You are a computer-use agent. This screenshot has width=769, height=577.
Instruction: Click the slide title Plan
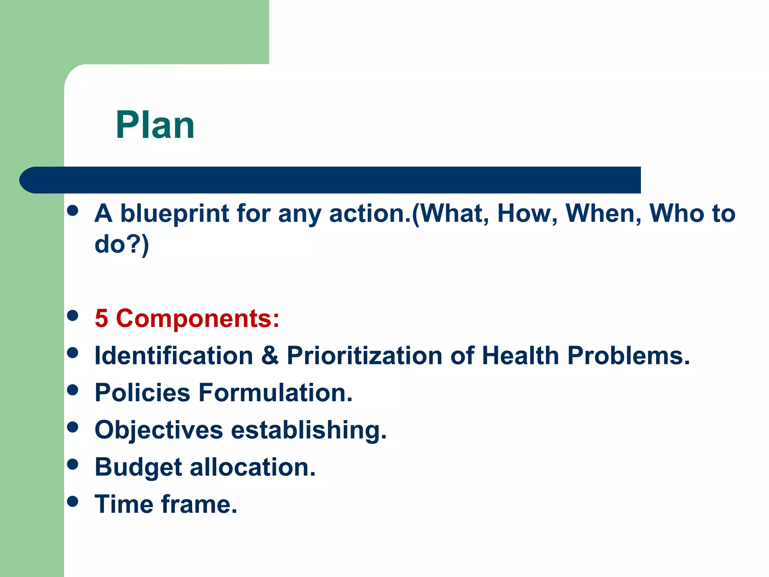pos(155,125)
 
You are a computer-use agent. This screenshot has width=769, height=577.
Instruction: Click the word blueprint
pos(175,214)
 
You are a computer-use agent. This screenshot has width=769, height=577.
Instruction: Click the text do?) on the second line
pos(122,245)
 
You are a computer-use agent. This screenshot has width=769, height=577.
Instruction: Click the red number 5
pos(101,319)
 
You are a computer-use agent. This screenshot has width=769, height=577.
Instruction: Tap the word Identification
pos(174,355)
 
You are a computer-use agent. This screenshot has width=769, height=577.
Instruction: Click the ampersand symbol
pos(270,355)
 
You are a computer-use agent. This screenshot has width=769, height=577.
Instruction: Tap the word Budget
pos(138,468)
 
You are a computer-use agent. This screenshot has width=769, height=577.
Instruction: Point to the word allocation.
pos(253,467)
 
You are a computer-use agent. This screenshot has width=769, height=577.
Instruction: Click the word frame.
pos(199,504)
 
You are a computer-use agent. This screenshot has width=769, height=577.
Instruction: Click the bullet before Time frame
pos(72,501)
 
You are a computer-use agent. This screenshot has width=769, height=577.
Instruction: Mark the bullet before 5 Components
pos(72,315)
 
